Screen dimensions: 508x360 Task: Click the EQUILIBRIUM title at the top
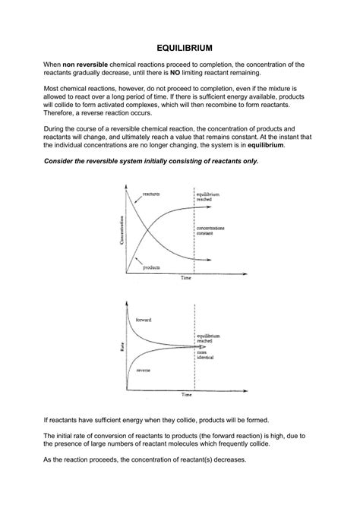[179, 46]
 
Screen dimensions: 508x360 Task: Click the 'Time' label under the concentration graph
[185, 279]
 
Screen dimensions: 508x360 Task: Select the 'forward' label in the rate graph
[144, 320]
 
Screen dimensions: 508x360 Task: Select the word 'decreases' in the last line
[225, 459]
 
